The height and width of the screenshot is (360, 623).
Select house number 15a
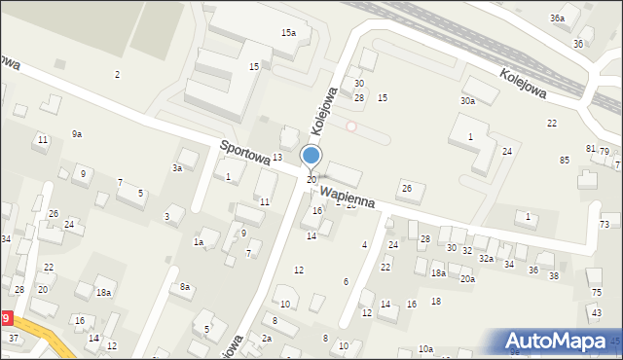click(x=288, y=33)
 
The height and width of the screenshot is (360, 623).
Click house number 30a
click(x=468, y=101)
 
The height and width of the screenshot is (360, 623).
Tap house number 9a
click(x=77, y=133)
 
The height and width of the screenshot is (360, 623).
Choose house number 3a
click(x=177, y=168)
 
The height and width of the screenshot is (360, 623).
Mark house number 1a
click(x=199, y=241)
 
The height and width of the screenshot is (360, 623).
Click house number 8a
click(x=185, y=286)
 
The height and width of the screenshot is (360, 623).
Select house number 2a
click(x=266, y=338)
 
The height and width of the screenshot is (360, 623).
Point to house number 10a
click(x=425, y=348)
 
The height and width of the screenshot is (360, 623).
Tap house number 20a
click(x=467, y=279)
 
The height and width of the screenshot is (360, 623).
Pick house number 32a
click(x=486, y=259)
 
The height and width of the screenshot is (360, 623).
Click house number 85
click(x=565, y=160)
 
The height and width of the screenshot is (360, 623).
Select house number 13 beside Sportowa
click(x=277, y=157)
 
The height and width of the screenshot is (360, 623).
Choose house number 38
click(x=554, y=276)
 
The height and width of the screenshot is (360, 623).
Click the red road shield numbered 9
click(x=7, y=318)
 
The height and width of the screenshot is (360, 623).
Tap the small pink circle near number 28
click(x=351, y=126)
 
